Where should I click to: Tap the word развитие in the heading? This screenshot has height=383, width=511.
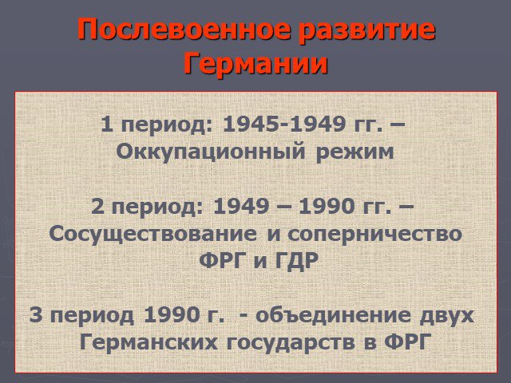(367, 31)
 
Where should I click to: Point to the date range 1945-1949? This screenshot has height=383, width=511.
(284, 124)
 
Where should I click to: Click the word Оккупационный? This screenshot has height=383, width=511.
(211, 152)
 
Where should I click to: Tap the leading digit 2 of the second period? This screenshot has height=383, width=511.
(97, 207)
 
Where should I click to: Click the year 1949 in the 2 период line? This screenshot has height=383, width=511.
(241, 207)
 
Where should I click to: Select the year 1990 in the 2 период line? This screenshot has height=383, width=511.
(327, 207)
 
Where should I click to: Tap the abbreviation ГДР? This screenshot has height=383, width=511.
(296, 261)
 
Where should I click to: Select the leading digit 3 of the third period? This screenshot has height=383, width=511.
(35, 315)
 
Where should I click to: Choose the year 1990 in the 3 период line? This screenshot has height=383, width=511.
(172, 315)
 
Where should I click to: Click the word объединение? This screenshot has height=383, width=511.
(333, 315)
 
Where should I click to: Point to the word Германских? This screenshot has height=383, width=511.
(149, 342)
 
